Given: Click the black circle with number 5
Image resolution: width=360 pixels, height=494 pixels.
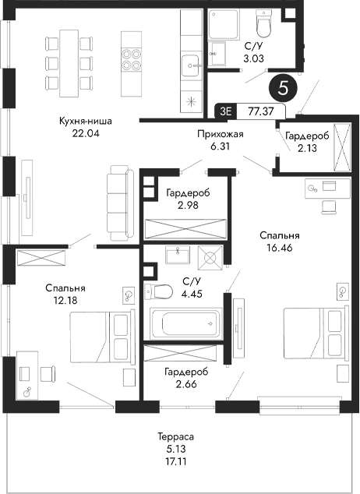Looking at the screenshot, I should pyautogui.click(x=282, y=87).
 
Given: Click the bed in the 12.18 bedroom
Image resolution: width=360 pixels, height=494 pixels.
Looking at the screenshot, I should pyautogui.click(x=101, y=336).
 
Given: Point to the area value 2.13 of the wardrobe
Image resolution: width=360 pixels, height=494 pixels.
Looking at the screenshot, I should pyautogui.click(x=306, y=150).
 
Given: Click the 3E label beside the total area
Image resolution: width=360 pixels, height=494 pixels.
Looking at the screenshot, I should pyautogui.click(x=226, y=111).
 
